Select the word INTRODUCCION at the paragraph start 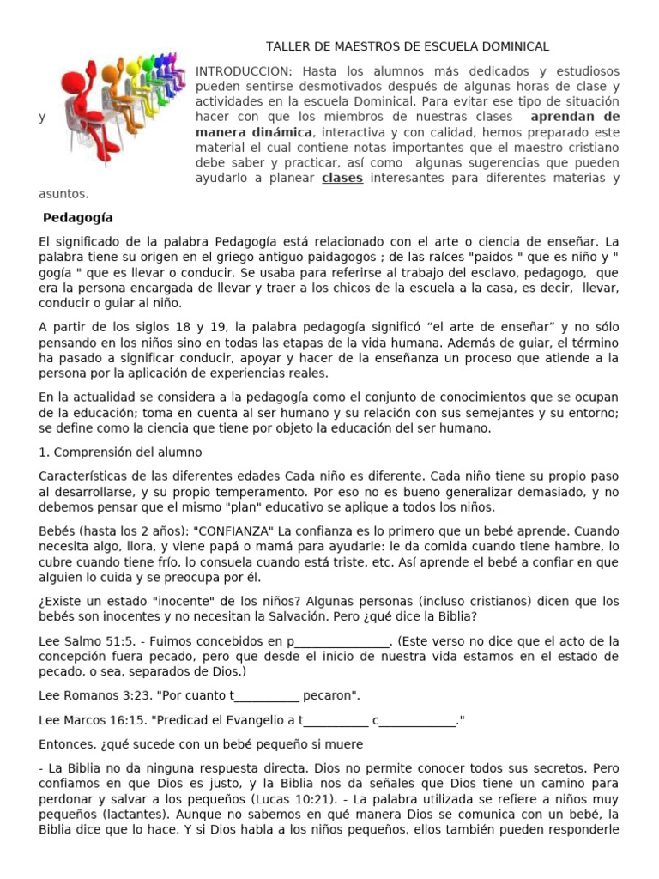click(x=232, y=71)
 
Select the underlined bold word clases click(x=342, y=179)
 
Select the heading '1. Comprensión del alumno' click(x=120, y=452)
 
